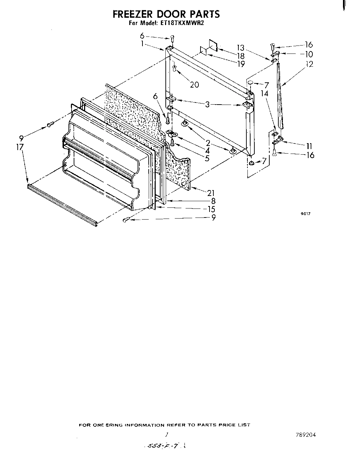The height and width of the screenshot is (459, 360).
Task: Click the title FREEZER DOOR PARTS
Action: click(x=166, y=14)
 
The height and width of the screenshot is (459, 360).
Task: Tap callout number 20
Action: click(x=194, y=84)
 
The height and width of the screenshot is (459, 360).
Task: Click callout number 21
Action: click(x=211, y=193)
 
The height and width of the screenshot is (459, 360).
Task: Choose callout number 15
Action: click(x=211, y=209)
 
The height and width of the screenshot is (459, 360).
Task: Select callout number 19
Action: click(x=240, y=64)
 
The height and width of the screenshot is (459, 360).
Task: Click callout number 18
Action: click(x=240, y=56)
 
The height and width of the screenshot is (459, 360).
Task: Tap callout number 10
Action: click(x=309, y=54)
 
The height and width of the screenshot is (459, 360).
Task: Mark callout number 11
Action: click(x=309, y=146)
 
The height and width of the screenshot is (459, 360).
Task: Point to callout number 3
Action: click(x=207, y=104)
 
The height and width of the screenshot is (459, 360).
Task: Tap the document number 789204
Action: click(x=306, y=434)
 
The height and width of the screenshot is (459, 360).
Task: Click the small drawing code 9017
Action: click(x=305, y=214)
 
